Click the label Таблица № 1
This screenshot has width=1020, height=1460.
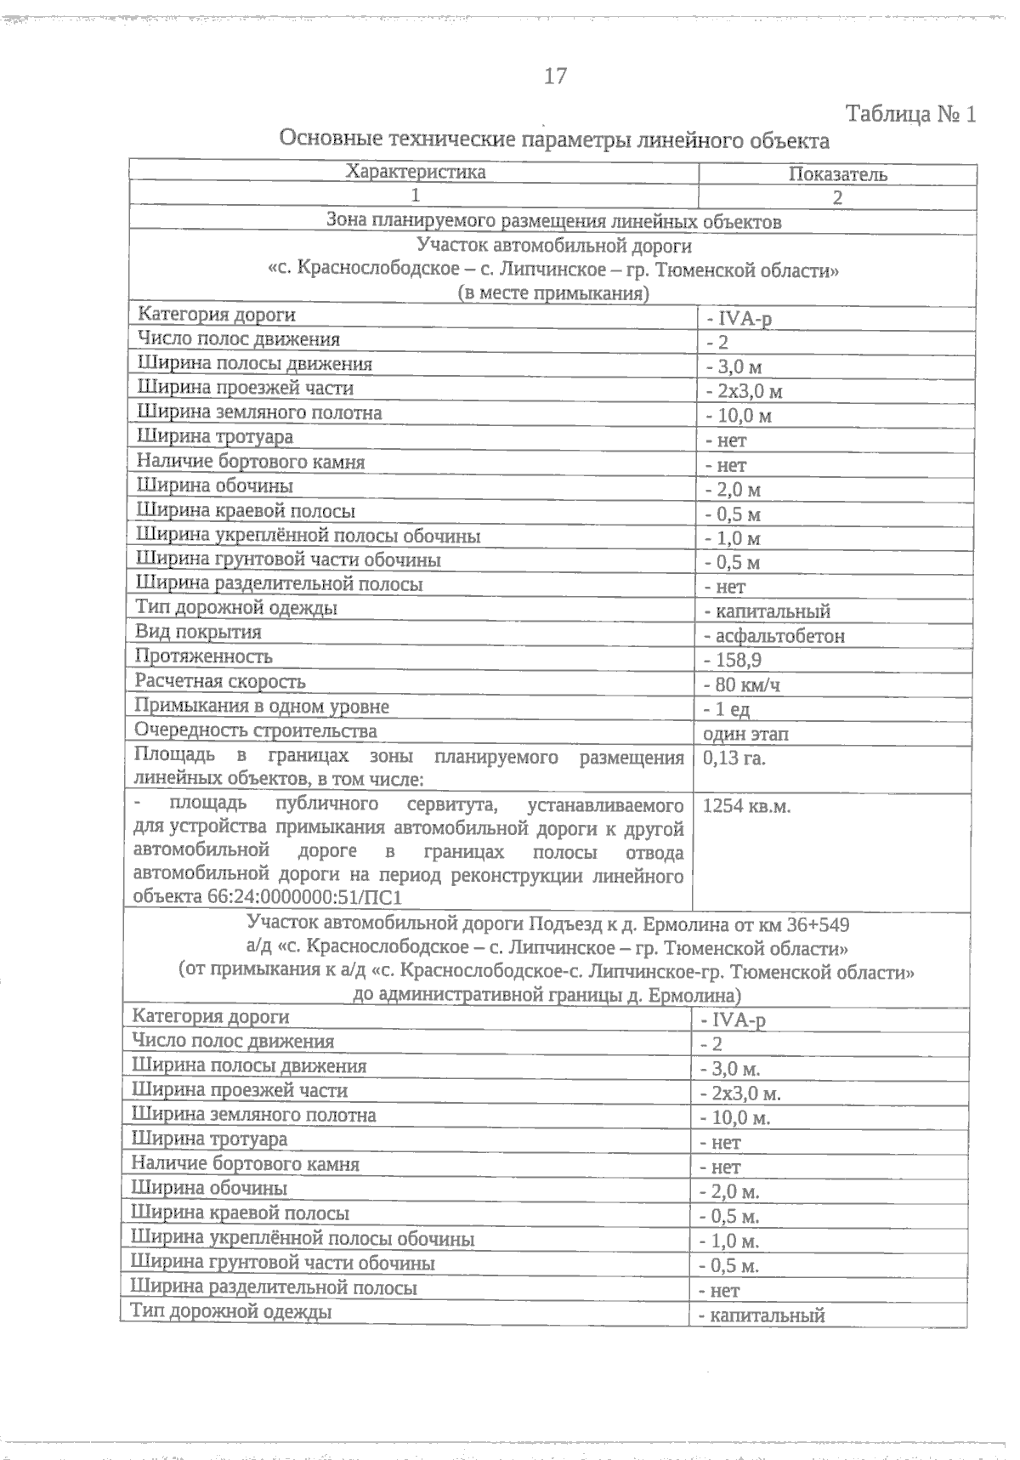910,115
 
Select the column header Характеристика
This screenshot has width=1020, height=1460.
415,172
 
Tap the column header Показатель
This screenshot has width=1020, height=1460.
837,174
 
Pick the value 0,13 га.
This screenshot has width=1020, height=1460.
734,758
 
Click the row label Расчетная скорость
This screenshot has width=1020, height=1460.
220,682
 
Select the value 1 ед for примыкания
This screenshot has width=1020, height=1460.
732,709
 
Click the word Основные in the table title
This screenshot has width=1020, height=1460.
326,139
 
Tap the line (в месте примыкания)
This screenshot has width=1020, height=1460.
553,294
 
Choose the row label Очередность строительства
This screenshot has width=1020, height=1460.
256,731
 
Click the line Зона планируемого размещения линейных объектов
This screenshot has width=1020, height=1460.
553,221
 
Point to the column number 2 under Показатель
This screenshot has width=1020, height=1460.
837,198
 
